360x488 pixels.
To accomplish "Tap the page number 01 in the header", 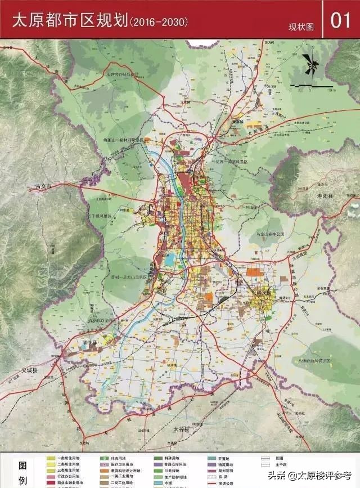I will pyautogui.click(x=341, y=21).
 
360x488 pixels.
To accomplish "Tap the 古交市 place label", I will pyautogui.click(x=43, y=186).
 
